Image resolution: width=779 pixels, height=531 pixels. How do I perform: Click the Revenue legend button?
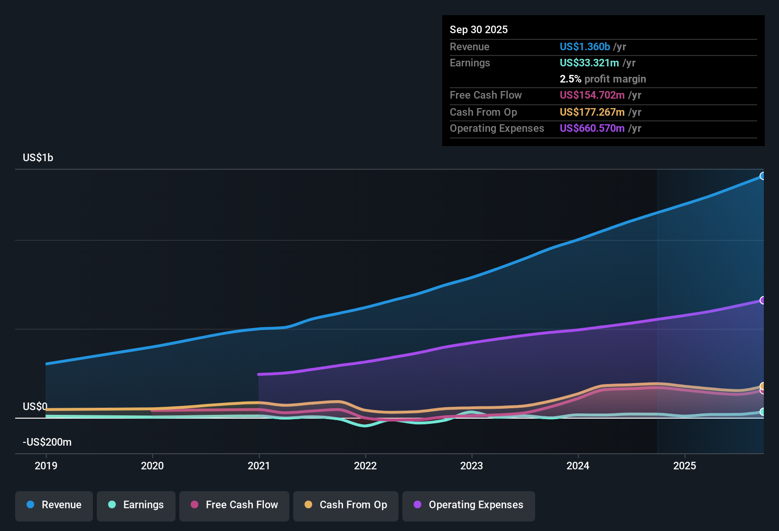click(x=54, y=505)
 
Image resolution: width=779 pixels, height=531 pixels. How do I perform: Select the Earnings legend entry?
click(x=136, y=505)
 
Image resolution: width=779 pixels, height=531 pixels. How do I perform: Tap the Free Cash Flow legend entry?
click(x=234, y=505)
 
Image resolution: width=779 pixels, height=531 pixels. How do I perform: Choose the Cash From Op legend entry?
click(x=346, y=505)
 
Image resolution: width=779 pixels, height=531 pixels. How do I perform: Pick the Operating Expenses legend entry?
click(x=469, y=505)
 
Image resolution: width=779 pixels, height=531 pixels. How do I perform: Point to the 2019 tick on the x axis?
click(x=46, y=466)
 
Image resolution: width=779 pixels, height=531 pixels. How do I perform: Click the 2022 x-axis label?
click(x=365, y=466)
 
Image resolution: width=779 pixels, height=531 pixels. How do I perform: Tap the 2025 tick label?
click(x=685, y=466)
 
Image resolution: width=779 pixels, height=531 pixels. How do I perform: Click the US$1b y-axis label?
click(x=38, y=158)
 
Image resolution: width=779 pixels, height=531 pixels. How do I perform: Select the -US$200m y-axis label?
click(x=47, y=442)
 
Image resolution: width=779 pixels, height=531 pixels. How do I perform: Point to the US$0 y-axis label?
click(x=35, y=407)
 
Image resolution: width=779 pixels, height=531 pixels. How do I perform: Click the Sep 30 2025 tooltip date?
click(x=479, y=30)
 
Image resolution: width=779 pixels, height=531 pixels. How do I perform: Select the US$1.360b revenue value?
click(x=584, y=47)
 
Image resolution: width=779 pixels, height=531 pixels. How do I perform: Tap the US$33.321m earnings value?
click(x=589, y=63)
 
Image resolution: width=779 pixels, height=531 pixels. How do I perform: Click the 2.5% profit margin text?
click(x=603, y=79)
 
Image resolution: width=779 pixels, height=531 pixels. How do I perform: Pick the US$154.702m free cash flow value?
click(x=592, y=95)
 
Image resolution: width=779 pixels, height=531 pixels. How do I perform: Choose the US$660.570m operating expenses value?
click(x=592, y=128)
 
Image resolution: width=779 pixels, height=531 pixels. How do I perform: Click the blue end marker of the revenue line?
click(x=762, y=176)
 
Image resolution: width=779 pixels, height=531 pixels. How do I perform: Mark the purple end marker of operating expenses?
click(x=762, y=300)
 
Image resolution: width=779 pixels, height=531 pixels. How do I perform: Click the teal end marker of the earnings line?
click(x=762, y=412)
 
